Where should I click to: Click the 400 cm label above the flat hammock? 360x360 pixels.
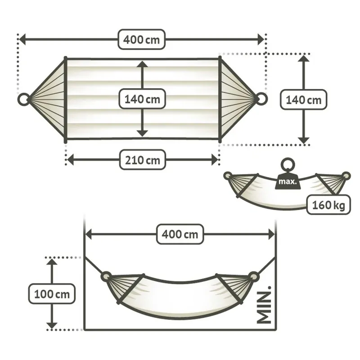pos(141,40)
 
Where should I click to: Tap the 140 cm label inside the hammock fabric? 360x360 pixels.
pos(142,99)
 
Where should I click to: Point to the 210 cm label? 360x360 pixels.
pos(142,159)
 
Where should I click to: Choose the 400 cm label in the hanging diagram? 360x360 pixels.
pos(180,234)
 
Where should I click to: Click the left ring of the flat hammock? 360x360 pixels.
pos(23,99)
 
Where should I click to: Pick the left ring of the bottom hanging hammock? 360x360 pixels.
pos(106,276)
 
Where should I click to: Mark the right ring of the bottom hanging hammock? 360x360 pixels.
pos(254,276)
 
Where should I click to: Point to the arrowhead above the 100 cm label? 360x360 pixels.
pos(52,262)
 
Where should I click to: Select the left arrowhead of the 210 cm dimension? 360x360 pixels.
pos(70,159)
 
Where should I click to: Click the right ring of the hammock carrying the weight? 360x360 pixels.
pos(346,175)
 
